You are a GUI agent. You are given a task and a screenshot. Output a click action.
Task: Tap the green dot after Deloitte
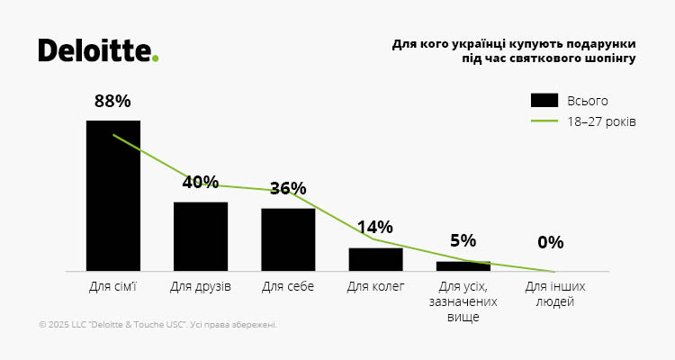[156, 58]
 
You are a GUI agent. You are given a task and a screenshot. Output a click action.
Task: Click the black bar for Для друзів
[201, 236]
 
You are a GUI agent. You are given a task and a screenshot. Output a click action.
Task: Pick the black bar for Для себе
[288, 239]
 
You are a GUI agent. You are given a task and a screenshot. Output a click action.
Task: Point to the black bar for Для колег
[375, 259]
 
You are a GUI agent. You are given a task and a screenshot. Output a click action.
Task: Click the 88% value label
[113, 102]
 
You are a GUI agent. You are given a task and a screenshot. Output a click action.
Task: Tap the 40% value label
[201, 182]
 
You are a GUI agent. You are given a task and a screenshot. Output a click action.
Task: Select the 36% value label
[288, 188]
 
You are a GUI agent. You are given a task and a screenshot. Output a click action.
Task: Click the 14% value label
[375, 227]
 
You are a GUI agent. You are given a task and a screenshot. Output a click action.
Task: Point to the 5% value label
[463, 240]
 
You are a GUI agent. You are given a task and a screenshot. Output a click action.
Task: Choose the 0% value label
[550, 242]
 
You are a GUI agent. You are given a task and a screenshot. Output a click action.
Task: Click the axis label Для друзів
[201, 287]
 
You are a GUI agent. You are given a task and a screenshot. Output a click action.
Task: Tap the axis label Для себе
[288, 287]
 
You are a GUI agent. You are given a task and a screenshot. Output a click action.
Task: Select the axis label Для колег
[375, 287]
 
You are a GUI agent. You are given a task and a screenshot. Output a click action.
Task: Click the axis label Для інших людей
[550, 294]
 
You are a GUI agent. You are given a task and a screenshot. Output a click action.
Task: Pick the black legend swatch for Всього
[544, 100]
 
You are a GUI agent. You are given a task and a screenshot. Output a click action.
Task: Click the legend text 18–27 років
[601, 121]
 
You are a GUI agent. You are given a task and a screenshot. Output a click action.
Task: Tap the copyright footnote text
[158, 325]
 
